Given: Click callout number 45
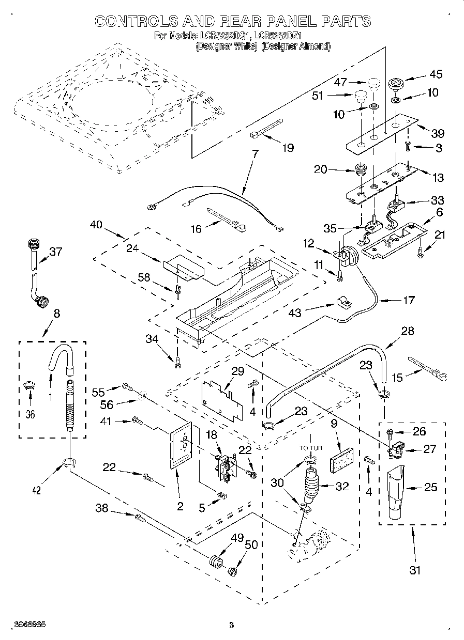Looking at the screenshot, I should (436, 74).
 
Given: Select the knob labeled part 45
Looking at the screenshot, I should (396, 83).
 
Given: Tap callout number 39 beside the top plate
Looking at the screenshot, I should (437, 133).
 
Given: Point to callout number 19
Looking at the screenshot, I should (288, 148).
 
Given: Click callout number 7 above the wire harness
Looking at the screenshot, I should (255, 154).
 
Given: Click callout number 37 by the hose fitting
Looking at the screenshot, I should (55, 252).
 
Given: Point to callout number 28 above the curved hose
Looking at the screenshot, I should (408, 331).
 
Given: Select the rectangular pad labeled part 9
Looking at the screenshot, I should (341, 458).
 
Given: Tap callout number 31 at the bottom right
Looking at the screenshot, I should (415, 570).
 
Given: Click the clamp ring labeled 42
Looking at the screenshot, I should (68, 462).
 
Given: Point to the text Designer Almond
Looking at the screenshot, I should (295, 46).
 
